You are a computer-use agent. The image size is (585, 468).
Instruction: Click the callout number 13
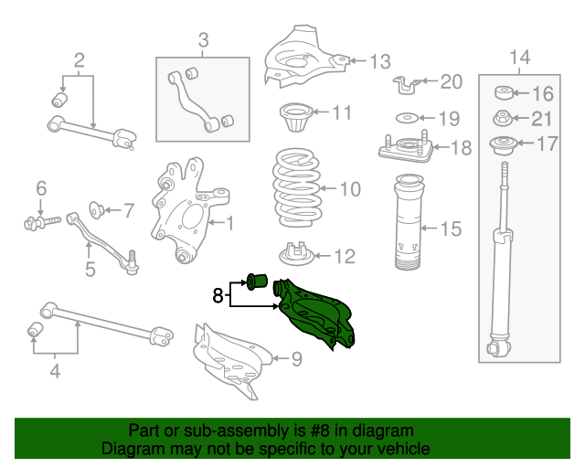click(379, 61)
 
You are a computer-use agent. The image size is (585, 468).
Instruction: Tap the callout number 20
click(452, 82)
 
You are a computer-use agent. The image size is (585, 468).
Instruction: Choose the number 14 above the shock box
click(518, 58)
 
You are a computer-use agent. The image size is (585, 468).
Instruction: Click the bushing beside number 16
click(504, 93)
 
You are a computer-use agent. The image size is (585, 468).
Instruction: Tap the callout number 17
click(546, 143)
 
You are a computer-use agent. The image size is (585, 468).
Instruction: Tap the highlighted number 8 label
click(218, 294)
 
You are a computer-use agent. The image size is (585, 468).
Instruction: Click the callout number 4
click(55, 371)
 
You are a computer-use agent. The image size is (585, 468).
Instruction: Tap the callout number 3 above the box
click(203, 39)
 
